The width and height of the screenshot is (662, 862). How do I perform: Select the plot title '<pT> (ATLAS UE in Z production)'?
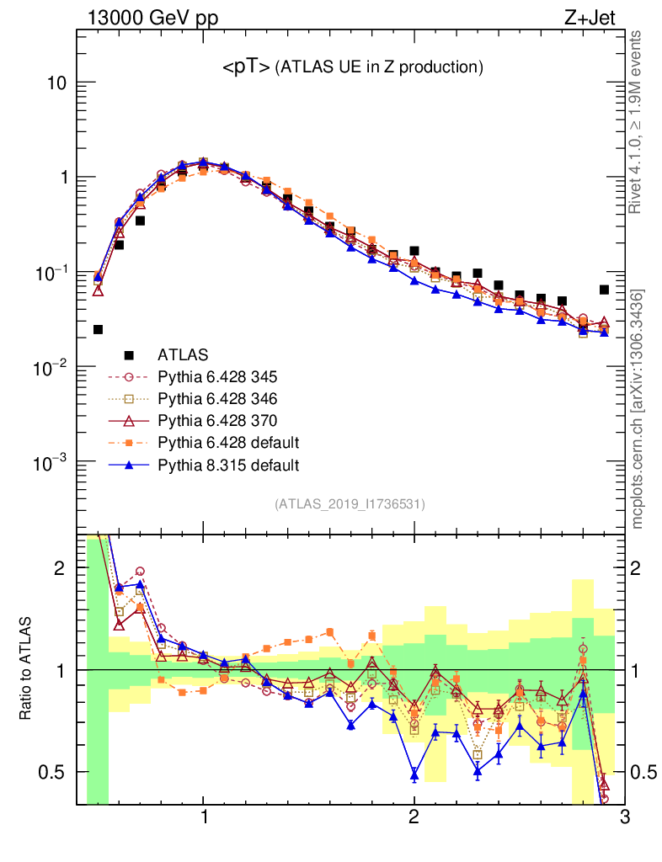coord(352,67)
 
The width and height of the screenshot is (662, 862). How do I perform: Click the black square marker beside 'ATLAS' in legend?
coord(128,354)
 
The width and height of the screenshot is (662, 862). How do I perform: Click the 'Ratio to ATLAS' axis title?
coord(27,669)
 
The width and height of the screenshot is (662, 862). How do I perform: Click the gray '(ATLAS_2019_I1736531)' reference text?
coord(350,504)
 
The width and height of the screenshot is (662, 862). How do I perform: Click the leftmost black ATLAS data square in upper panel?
coord(98,329)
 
